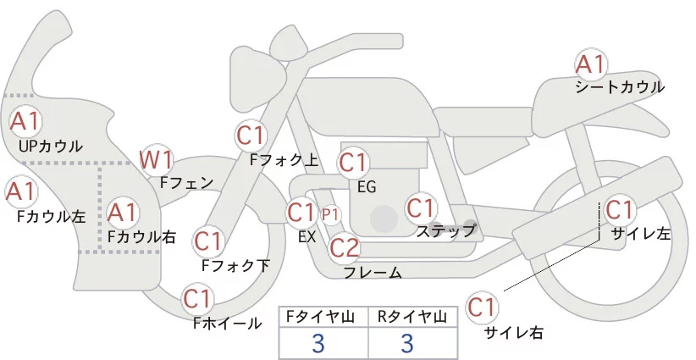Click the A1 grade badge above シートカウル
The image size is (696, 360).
[590, 64]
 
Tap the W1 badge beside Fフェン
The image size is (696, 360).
[157, 158]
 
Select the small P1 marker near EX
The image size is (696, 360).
[329, 214]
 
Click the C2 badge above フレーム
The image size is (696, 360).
[345, 247]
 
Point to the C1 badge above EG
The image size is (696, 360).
[353, 162]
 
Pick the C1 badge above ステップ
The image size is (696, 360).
[421, 208]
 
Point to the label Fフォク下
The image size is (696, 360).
[235, 265]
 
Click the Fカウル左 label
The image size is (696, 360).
[52, 217]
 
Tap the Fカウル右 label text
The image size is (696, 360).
[142, 237]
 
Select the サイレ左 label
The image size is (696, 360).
[640, 233]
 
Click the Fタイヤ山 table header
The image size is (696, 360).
[323, 316]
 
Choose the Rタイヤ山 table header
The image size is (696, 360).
[412, 316]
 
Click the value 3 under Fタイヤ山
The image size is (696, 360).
[318, 343]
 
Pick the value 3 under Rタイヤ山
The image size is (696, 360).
[407, 343]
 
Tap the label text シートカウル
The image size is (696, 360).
[620, 87]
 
